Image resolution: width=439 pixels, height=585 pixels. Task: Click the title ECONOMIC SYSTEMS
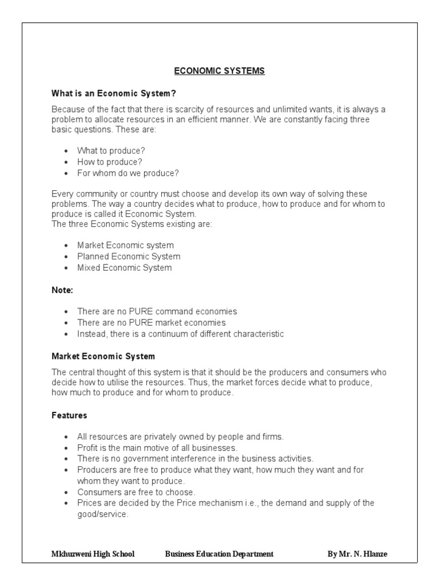pyautogui.click(x=219, y=71)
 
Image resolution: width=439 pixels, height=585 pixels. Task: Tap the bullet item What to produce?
pyautogui.click(x=111, y=151)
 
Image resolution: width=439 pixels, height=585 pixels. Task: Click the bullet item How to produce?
pyautogui.click(x=110, y=162)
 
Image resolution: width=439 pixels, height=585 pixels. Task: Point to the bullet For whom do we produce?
pyautogui.click(x=127, y=173)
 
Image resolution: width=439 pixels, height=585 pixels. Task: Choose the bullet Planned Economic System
pyautogui.click(x=129, y=257)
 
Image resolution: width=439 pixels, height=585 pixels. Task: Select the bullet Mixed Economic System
pyautogui.click(x=124, y=267)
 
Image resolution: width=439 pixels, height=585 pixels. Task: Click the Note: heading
pyautogui.click(x=62, y=290)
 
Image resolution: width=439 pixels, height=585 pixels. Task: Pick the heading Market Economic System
pyautogui.click(x=103, y=356)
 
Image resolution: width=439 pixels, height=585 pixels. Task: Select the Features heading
pyautogui.click(x=69, y=415)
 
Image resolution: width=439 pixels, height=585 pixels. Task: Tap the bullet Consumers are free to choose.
pyautogui.click(x=136, y=492)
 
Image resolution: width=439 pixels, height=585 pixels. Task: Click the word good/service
pyautogui.click(x=102, y=514)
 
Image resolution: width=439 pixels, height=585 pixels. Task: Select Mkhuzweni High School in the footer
pyautogui.click(x=93, y=554)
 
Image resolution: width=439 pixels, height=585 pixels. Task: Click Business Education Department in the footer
pyautogui.click(x=219, y=554)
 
